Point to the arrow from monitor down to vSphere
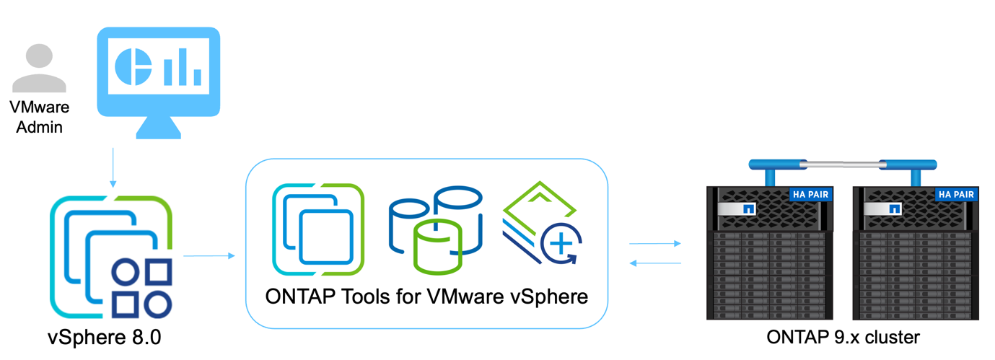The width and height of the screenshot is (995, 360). (113, 167)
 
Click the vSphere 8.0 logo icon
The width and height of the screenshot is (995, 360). (112, 256)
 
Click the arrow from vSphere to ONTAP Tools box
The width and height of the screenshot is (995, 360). (209, 255)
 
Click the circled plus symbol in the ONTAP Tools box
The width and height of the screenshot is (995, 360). (561, 245)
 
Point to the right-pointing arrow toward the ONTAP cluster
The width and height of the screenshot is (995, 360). (655, 244)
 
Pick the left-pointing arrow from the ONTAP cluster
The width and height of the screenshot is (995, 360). (655, 263)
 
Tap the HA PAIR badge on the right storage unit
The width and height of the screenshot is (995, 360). (955, 194)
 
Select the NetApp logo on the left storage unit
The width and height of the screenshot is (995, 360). (748, 209)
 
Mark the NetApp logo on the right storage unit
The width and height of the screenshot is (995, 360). (895, 209)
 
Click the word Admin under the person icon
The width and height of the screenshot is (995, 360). (40, 128)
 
